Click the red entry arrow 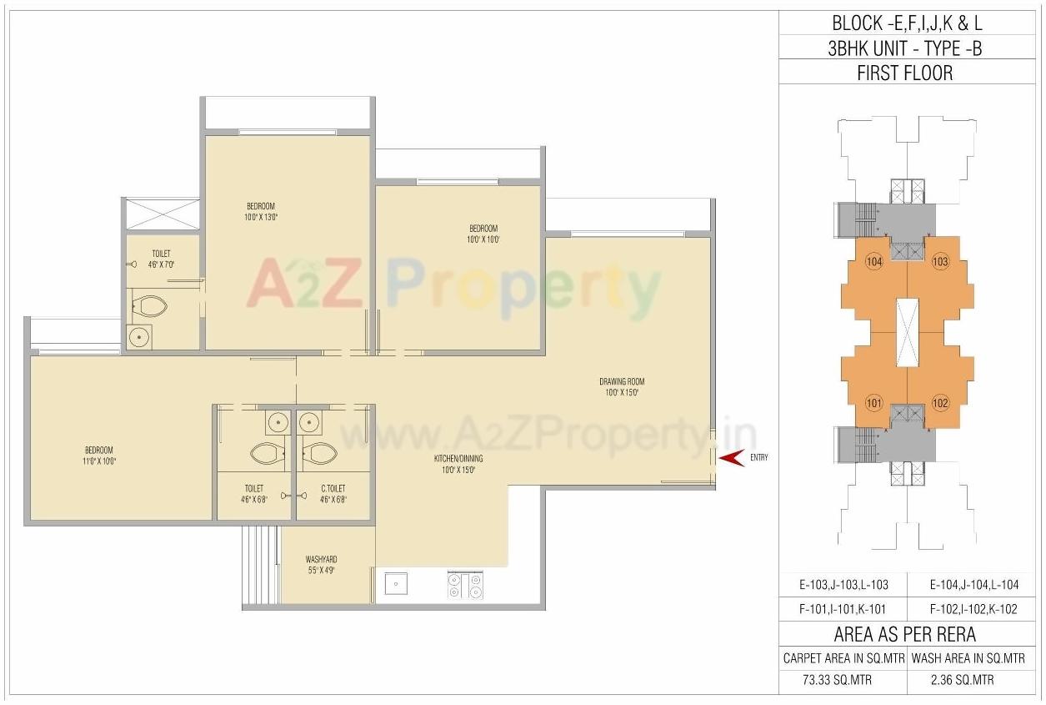coord(731,457)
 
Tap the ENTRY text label coord(759,457)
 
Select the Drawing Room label coord(622,387)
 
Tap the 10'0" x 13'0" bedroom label coord(260,212)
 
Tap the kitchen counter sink coord(395,584)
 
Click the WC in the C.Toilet coord(319,453)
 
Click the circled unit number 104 coord(873,261)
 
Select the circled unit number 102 coord(940,403)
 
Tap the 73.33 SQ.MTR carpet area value coord(843,679)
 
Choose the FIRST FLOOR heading coord(904,73)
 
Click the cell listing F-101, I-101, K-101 coord(843,609)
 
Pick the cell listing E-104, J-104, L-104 coord(970,585)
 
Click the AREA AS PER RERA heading coord(904,634)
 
